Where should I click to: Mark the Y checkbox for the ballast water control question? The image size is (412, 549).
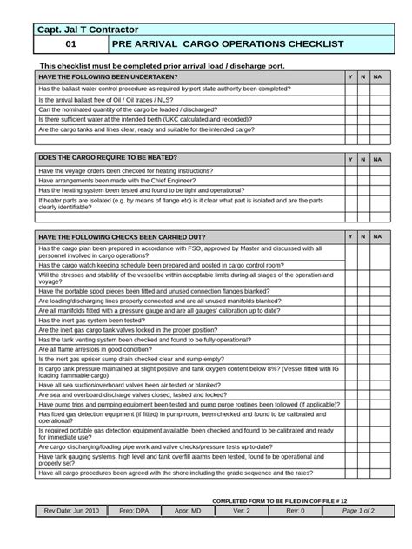click(x=350, y=89)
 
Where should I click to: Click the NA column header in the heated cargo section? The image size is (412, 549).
click(x=376, y=160)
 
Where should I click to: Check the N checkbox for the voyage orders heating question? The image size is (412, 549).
click(x=362, y=171)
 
